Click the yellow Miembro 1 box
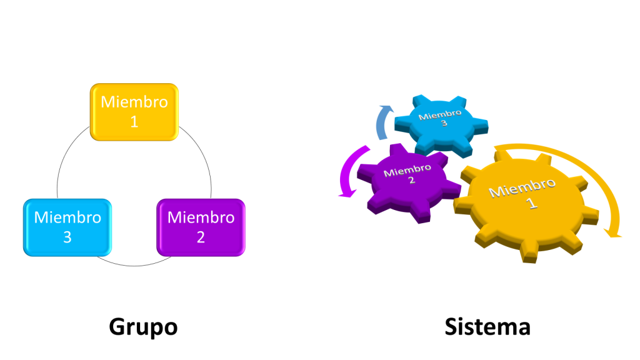134,112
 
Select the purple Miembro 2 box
201,227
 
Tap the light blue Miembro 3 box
67,227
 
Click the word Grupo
143,327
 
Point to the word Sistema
487,327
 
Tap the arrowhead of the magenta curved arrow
342,193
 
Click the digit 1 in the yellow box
134,121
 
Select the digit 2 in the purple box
201,237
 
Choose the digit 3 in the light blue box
67,237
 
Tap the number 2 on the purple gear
412,181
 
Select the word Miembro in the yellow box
134,102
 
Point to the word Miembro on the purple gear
407,170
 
